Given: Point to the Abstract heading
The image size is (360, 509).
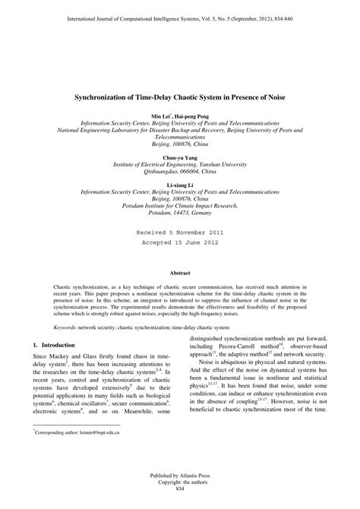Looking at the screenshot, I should [180, 272].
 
